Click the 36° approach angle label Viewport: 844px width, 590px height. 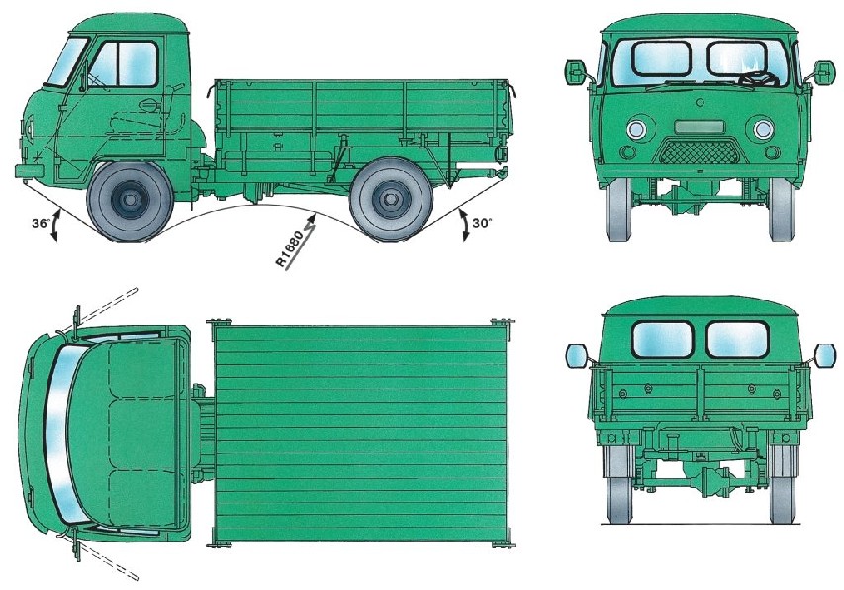(41, 224)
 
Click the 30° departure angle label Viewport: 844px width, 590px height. (483, 223)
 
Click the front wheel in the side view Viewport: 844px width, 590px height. (130, 200)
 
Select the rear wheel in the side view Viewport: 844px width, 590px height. (391, 200)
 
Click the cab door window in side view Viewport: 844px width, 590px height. (124, 63)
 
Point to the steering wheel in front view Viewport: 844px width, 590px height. (759, 79)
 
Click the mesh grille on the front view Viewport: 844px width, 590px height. (700, 150)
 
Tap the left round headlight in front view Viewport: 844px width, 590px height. (636, 130)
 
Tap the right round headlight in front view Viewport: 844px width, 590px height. (763, 130)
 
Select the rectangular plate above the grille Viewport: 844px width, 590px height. (700, 127)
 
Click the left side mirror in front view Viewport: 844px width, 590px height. (576, 71)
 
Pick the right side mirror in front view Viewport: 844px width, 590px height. (824, 72)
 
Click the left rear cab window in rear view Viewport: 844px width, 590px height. (663, 340)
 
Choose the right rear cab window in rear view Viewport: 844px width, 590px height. (737, 340)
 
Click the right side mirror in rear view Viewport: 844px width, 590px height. (825, 355)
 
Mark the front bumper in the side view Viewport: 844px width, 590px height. (30, 171)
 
